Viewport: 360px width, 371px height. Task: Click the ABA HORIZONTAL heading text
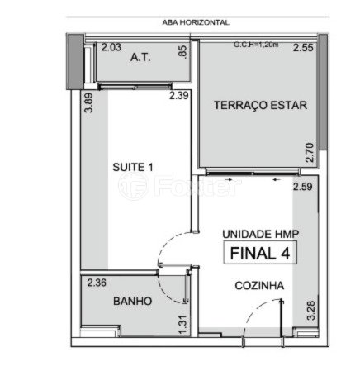click(x=196, y=22)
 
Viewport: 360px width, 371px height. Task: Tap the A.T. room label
click(x=140, y=58)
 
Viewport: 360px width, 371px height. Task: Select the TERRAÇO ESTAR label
click(x=260, y=105)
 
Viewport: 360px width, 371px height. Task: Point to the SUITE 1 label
click(x=133, y=167)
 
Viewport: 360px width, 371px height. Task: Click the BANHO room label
click(x=133, y=301)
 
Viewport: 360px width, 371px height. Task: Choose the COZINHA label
click(x=259, y=286)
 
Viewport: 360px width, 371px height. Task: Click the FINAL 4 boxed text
click(x=260, y=253)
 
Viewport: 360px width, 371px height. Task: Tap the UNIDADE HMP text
click(x=260, y=234)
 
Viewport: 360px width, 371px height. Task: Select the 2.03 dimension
click(x=111, y=47)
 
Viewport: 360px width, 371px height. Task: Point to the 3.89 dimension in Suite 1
click(x=89, y=102)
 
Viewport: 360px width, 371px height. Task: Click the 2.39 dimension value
click(x=179, y=96)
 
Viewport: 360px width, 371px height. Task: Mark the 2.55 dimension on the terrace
click(x=303, y=48)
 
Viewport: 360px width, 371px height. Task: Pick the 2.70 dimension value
click(x=310, y=152)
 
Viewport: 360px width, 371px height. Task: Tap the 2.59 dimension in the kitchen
click(x=303, y=187)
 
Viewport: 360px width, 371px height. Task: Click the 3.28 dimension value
click(x=311, y=311)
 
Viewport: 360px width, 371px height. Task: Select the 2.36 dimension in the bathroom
click(x=97, y=283)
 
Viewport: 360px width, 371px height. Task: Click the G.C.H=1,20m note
click(x=256, y=45)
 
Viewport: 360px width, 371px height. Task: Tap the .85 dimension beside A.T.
click(x=182, y=51)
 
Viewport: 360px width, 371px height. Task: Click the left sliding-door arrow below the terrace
click(x=229, y=180)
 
